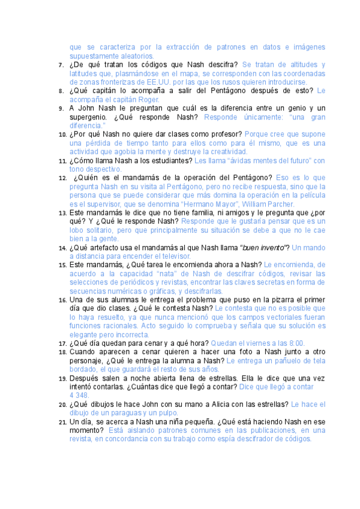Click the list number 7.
click(61, 65)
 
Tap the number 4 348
click(80, 396)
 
